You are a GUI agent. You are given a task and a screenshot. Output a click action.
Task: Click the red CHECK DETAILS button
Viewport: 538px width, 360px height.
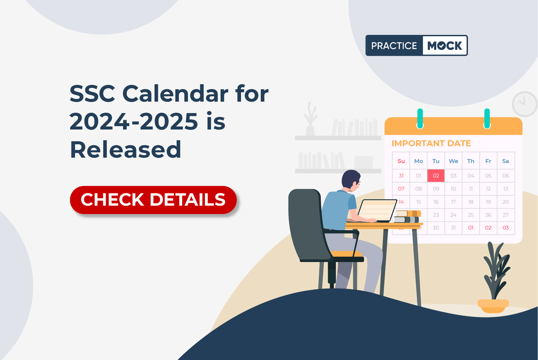[x=153, y=200]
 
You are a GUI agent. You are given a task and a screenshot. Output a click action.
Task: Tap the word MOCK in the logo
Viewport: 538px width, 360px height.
[x=444, y=46]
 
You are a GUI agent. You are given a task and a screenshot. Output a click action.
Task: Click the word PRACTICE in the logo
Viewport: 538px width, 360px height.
[x=394, y=46]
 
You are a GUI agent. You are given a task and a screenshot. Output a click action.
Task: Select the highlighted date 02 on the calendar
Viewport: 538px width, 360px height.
[x=436, y=176]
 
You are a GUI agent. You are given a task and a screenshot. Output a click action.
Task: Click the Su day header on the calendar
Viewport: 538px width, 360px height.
[x=401, y=161]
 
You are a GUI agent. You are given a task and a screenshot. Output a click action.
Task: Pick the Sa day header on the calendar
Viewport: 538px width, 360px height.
[x=505, y=161]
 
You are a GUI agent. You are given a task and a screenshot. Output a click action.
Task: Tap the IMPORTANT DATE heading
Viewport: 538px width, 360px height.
[x=431, y=143]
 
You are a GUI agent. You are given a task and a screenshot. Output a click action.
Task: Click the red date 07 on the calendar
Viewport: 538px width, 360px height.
[x=401, y=189]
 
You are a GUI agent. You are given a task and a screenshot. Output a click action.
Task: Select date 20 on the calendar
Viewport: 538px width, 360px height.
[x=505, y=202]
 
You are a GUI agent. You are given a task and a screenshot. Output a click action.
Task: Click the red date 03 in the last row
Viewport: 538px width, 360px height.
[x=505, y=227]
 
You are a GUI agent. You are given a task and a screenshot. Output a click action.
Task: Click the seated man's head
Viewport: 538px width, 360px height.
[x=351, y=179]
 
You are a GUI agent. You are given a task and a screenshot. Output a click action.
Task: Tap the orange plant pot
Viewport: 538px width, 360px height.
[x=493, y=306]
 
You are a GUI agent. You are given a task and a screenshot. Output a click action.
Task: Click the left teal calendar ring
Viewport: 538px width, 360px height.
[x=420, y=118]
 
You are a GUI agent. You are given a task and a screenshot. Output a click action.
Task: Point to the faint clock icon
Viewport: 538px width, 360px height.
[x=525, y=104]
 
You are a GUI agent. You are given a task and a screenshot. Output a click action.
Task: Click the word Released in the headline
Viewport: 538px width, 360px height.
[x=125, y=150]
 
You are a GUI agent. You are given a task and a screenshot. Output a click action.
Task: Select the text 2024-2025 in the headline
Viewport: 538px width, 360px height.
[x=134, y=121]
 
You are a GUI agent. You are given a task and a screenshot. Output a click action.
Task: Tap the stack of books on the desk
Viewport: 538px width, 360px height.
[x=407, y=216]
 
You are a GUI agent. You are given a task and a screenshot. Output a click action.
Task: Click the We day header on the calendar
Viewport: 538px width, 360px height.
[x=453, y=161]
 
